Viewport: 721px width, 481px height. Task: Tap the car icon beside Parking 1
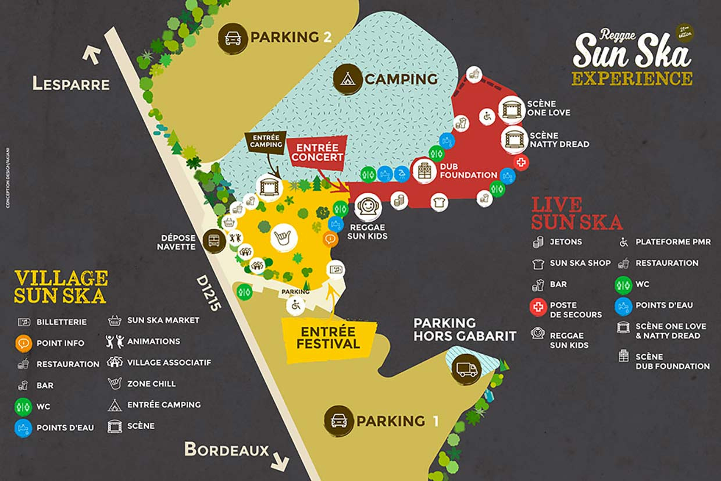tap(338, 421)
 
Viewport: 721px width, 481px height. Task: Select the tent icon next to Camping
tap(348, 79)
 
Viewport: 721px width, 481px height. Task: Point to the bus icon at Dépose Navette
tap(214, 241)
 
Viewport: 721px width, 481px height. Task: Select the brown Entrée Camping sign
tap(265, 141)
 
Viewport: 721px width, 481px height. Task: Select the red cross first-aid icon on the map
tap(521, 163)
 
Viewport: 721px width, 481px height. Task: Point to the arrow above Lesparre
tap(91, 55)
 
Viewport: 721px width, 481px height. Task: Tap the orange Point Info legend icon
tap(23, 343)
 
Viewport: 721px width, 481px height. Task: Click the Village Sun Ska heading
tap(60, 286)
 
